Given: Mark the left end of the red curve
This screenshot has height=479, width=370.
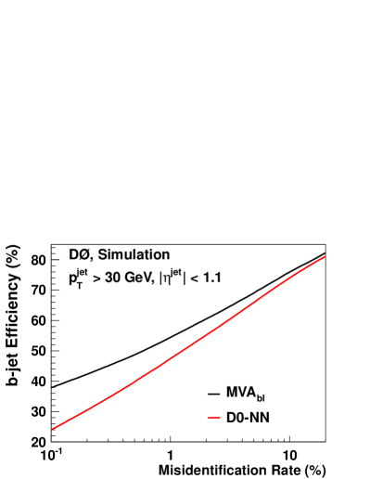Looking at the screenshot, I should click(52, 429).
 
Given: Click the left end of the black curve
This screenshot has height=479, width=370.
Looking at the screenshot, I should click(52, 387).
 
